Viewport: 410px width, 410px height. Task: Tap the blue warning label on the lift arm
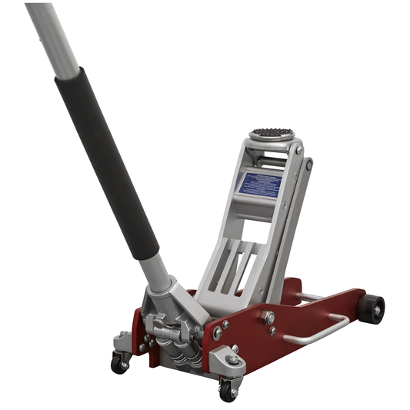point(259,184)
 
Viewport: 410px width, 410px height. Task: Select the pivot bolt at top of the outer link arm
point(309,164)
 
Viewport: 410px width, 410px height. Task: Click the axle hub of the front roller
point(377,309)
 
